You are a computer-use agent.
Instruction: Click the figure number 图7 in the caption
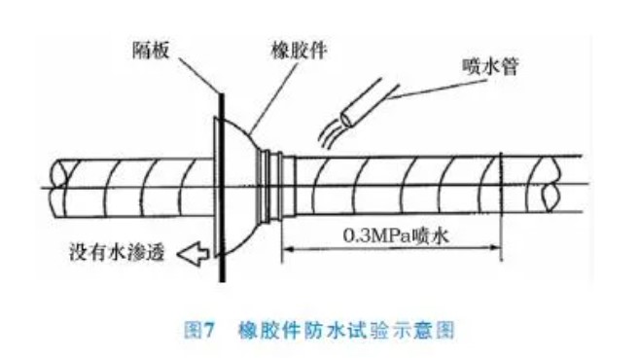tap(199, 330)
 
